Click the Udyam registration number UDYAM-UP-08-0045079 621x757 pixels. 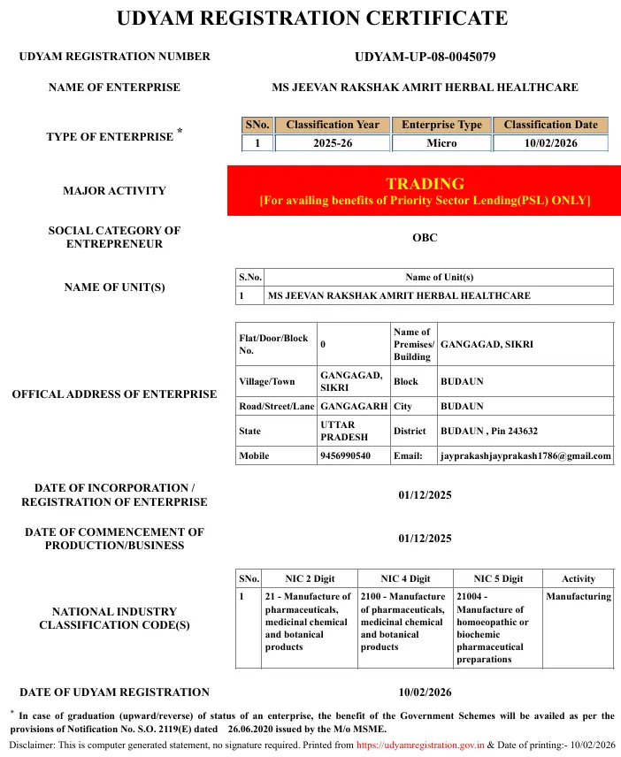point(425,57)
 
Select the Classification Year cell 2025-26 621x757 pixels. point(333,143)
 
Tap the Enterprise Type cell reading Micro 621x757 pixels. point(441,143)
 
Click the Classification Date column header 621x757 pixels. point(550,125)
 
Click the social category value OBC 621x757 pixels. point(425,238)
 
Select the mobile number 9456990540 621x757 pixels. point(345,456)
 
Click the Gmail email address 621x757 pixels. point(525,456)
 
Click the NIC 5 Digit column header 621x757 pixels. point(498,578)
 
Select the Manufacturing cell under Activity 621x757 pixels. point(579,597)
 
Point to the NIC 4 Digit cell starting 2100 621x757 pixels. point(404,622)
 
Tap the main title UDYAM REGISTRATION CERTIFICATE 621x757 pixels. point(311,19)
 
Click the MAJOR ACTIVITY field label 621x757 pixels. point(114,191)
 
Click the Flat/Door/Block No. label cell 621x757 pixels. point(273,344)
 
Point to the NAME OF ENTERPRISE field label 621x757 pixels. point(114,88)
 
